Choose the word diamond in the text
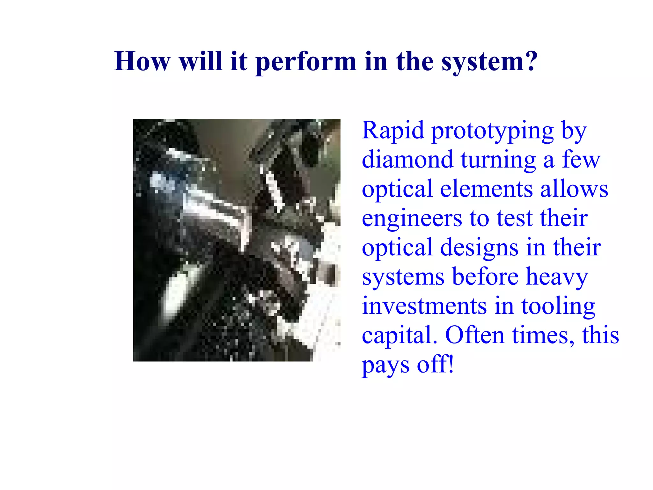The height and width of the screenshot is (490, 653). pyautogui.click(x=407, y=159)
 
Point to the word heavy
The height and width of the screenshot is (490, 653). pyautogui.click(x=557, y=277)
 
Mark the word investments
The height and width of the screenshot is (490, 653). pyautogui.click(x=424, y=306)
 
